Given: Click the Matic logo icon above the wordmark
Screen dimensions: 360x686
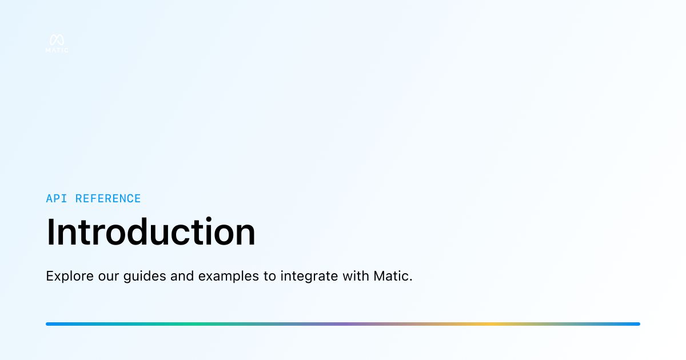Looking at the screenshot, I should point(57,40).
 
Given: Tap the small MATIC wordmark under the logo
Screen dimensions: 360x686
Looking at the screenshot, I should point(57,50).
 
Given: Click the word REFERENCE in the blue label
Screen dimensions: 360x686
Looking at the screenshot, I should point(108,199).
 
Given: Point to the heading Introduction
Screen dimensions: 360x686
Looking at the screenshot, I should point(151,232).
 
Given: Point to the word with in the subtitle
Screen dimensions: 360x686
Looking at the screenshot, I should point(356,276).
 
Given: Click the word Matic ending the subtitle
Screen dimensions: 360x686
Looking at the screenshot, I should point(391,276).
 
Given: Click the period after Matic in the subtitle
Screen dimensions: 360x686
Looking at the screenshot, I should point(410,281).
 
